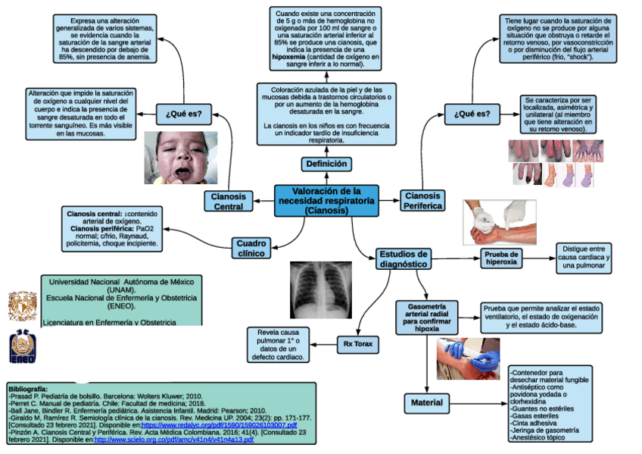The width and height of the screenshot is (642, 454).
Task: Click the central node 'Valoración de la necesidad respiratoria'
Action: (326, 201)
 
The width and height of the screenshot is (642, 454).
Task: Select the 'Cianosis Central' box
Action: (229, 201)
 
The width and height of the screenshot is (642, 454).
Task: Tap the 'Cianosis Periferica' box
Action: (422, 201)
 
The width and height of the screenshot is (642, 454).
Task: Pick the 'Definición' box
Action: (326, 164)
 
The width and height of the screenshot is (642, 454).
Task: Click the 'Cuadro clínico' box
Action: (251, 249)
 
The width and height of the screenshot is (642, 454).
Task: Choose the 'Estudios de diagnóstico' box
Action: (403, 259)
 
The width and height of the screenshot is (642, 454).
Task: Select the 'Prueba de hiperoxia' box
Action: (502, 258)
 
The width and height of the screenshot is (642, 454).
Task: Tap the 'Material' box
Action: (427, 403)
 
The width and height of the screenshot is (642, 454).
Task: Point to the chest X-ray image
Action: (320, 290)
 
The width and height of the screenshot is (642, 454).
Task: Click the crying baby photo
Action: (177, 157)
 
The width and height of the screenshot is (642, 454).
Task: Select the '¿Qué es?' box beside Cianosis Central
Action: (183, 114)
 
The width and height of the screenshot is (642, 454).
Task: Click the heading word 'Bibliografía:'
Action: (28, 388)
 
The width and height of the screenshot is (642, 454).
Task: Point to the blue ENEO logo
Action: (20, 347)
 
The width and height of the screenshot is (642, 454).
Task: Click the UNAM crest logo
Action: (20, 305)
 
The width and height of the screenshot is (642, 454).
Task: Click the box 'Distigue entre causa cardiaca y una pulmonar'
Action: (584, 258)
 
